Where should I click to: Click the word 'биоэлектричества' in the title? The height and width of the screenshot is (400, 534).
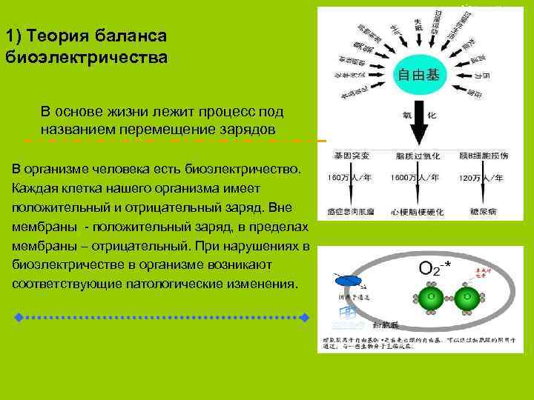(87, 56)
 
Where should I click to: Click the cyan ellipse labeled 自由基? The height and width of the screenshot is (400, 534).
(418, 75)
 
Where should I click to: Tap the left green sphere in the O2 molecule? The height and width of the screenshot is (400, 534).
(429, 299)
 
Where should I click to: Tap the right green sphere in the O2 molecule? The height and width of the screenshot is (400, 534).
(467, 299)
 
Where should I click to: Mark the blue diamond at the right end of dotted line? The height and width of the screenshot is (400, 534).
(304, 317)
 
